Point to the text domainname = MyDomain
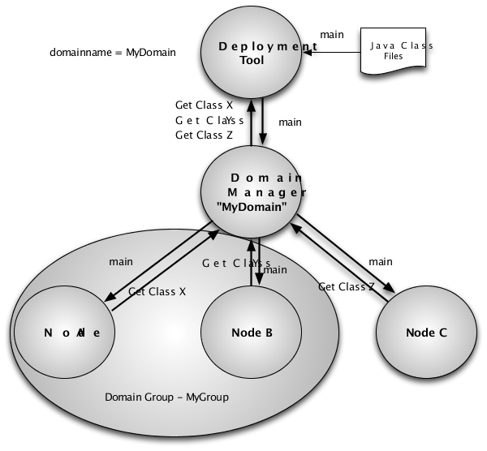(113, 53)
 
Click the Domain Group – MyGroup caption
(167, 397)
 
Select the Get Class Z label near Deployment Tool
(205, 135)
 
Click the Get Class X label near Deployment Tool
(205, 105)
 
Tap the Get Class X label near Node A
(157, 292)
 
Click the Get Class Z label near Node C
(347, 286)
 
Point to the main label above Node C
(380, 262)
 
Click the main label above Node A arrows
(121, 262)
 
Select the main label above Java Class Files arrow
(331, 35)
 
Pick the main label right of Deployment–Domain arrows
(290, 122)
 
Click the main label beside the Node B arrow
(276, 270)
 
